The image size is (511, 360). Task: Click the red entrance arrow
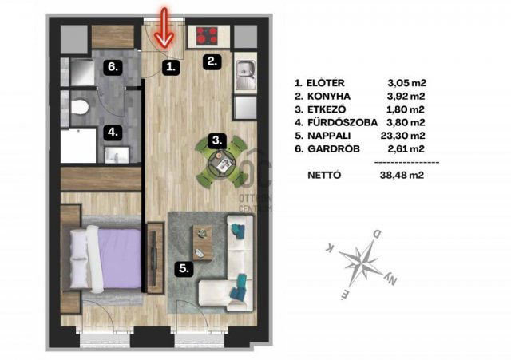[x=164, y=28]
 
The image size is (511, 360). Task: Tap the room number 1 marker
[x=171, y=67]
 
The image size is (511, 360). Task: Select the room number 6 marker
[x=113, y=67]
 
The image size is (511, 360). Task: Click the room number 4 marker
[x=113, y=133]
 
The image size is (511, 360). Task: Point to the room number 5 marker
[x=184, y=269]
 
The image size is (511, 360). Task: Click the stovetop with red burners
[x=207, y=36]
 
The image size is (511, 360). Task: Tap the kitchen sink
[x=245, y=75]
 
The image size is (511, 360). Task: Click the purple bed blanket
[x=120, y=259]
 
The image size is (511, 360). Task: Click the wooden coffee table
[x=203, y=243]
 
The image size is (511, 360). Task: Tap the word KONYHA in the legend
[x=329, y=97]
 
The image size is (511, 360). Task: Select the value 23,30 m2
[x=402, y=136]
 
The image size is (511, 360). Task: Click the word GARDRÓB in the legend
[x=334, y=148]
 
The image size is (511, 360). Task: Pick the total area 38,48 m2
[x=402, y=176]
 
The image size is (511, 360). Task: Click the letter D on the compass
[x=376, y=234]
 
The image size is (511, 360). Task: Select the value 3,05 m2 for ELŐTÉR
[x=407, y=83]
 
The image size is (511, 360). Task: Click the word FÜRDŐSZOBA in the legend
[x=343, y=122]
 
